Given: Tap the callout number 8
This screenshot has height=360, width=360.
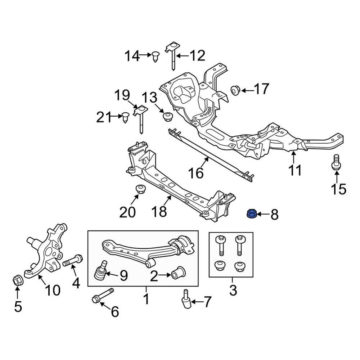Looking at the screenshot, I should [274, 215].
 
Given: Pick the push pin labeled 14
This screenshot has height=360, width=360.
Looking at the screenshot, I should [156, 57].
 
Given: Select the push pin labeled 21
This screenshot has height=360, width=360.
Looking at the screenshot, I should [125, 117].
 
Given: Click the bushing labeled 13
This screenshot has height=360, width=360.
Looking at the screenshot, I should [167, 116].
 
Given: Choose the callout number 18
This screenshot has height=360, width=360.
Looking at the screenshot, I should [160, 212].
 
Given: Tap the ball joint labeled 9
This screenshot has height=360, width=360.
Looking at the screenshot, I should [100, 273].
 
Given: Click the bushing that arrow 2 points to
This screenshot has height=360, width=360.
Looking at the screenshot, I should [178, 273].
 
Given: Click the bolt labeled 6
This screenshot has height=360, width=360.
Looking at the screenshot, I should [103, 295].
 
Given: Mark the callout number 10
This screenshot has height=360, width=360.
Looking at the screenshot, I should [53, 290].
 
